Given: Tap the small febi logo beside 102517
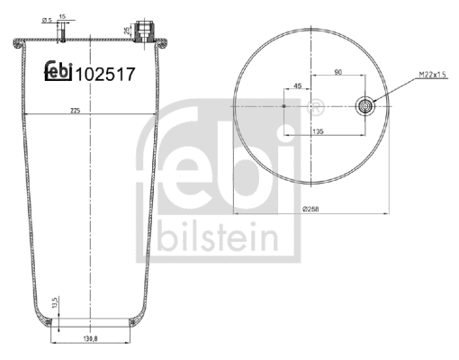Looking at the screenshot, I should (x=58, y=76).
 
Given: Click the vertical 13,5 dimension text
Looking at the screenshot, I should (x=56, y=304).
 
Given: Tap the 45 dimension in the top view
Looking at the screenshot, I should (x=297, y=88).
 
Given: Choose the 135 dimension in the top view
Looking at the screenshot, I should (x=318, y=130).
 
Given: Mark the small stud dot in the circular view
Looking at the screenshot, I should (x=284, y=106).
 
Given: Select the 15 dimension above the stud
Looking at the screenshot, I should (x=62, y=15).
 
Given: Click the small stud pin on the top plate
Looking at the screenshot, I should (x=62, y=33).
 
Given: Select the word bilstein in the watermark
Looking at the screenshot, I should (x=214, y=237).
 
